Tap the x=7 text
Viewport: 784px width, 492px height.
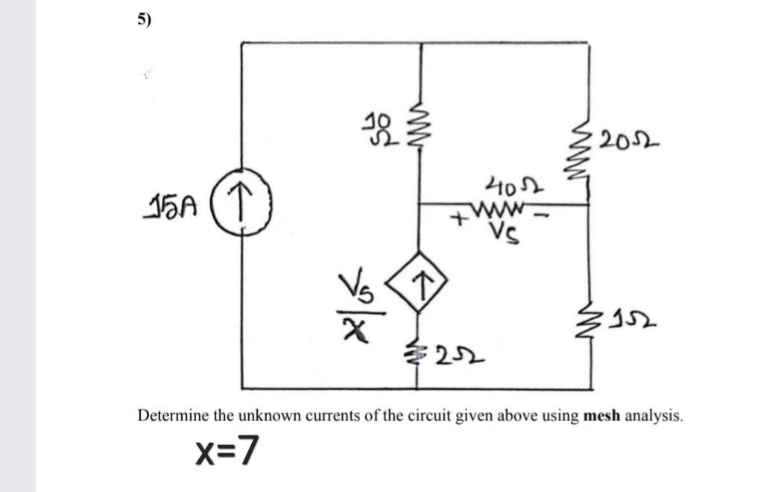227,449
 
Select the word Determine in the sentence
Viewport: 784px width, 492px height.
173,415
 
